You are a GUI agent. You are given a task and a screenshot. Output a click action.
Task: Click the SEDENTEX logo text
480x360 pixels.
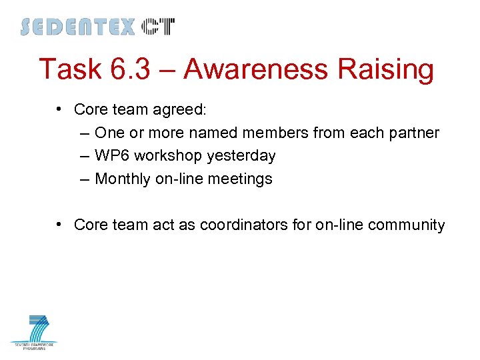tap(77, 27)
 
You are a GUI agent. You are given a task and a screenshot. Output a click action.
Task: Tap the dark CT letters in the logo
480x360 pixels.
tap(159, 27)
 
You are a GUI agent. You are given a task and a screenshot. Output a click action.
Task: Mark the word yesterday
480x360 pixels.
tap(241, 156)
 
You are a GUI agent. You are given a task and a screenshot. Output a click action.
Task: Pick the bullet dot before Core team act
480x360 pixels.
tap(60, 225)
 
